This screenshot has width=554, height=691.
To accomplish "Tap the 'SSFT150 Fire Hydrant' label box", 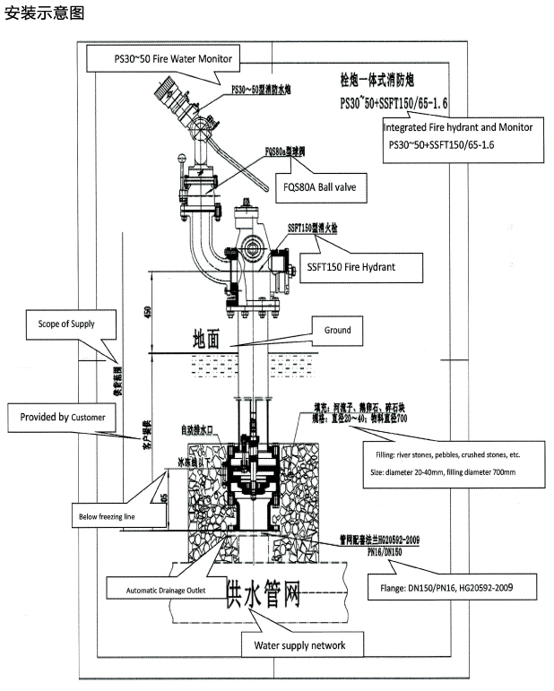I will click(x=363, y=266).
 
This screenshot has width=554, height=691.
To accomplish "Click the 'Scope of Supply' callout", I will click(x=65, y=324).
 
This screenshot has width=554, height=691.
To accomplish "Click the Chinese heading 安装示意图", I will click(x=44, y=15).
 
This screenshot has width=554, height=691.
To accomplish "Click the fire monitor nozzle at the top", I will click(x=166, y=91).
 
